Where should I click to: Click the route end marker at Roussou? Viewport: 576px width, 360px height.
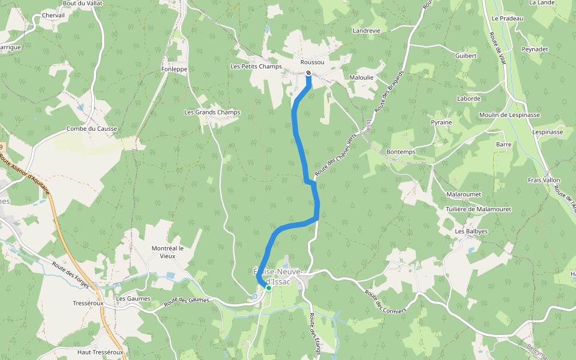pyautogui.click(x=308, y=73)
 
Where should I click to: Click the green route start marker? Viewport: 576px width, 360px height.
pyautogui.click(x=269, y=288)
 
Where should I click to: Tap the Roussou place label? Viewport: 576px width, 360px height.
pyautogui.click(x=312, y=62)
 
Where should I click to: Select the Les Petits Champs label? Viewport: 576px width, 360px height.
pyautogui.click(x=256, y=67)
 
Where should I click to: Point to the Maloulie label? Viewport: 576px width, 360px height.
pyautogui.click(x=362, y=77)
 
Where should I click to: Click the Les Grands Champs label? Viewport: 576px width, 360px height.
pyautogui.click(x=212, y=112)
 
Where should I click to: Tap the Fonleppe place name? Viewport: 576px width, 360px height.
pyautogui.click(x=175, y=69)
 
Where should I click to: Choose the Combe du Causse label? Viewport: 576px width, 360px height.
pyautogui.click(x=92, y=129)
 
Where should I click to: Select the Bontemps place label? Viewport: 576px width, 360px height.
pyautogui.click(x=401, y=152)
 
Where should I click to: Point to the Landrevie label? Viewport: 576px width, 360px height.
pyautogui.click(x=367, y=31)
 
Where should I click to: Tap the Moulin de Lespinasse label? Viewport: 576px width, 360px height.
pyautogui.click(x=509, y=115)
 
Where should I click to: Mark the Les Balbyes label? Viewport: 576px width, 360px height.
pyautogui.click(x=471, y=231)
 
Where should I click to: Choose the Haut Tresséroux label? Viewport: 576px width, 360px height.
pyautogui.click(x=100, y=352)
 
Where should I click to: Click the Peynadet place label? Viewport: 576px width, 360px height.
pyautogui.click(x=535, y=49)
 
